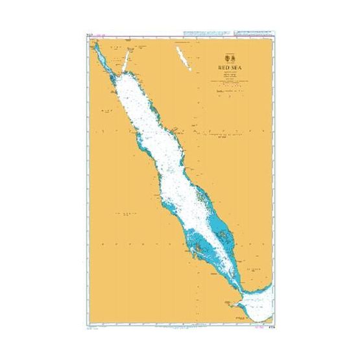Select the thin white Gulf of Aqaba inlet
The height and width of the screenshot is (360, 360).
pos(127,58)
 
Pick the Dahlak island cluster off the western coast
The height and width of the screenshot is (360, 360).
pos(198,246)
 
